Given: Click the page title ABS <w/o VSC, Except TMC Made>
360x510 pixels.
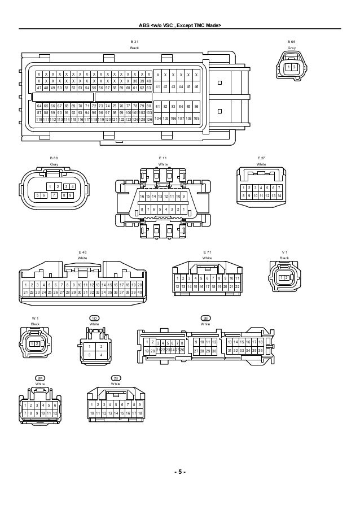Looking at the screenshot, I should (180, 27).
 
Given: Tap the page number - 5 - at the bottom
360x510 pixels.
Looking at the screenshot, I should (180, 472).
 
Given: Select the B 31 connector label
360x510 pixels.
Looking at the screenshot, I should (134, 42).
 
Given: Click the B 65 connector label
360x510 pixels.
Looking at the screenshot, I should (292, 42).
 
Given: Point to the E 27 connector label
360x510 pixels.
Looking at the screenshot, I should (261, 158).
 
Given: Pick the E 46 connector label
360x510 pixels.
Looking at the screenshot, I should (83, 252).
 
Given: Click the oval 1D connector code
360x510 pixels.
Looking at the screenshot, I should (95, 319).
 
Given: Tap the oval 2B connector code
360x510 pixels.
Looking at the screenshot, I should (205, 319).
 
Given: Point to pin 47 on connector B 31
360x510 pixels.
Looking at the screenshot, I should (38, 88).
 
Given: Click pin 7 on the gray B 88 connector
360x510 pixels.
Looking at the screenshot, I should (54, 195).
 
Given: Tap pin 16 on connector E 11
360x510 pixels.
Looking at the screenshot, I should (142, 196).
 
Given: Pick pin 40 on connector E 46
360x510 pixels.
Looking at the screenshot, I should (139, 292).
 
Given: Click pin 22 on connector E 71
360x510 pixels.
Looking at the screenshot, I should (238, 287).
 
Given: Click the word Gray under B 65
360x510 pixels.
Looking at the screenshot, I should (292, 49).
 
